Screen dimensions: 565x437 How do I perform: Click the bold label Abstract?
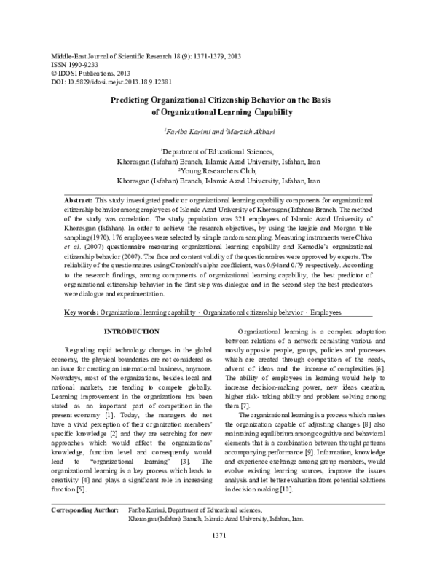pyautogui.click(x=79, y=199)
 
